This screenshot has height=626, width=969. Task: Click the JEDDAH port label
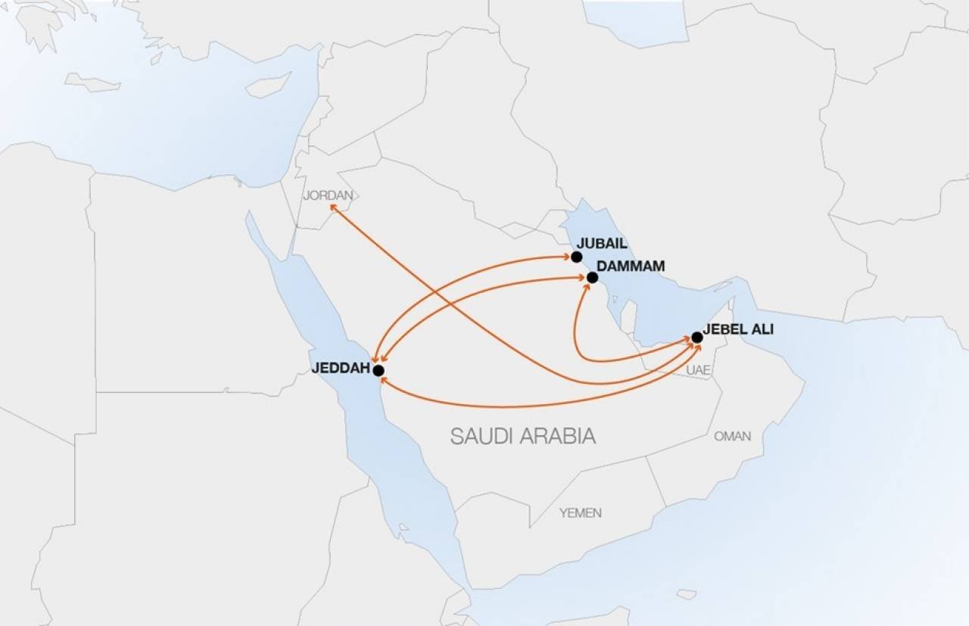(x=340, y=369)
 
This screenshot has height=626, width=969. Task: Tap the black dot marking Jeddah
(x=379, y=370)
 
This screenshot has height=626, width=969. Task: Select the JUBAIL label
(x=603, y=244)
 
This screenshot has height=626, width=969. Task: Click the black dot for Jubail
(x=577, y=257)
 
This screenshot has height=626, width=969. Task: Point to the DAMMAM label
(x=631, y=266)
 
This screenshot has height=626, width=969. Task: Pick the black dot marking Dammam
(x=592, y=278)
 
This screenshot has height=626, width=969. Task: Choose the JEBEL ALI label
(x=738, y=330)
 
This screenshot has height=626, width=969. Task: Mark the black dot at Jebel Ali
(x=696, y=337)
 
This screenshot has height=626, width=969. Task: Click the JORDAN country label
(x=328, y=195)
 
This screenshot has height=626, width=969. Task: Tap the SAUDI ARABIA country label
(x=522, y=436)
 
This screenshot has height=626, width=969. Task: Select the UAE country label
(x=699, y=370)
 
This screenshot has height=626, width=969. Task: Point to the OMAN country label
(x=732, y=436)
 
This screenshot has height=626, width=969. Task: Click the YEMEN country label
(x=581, y=513)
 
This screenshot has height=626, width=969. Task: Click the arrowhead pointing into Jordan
(x=332, y=206)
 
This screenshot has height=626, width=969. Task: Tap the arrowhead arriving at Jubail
(x=568, y=257)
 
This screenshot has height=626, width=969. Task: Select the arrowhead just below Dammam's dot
(x=586, y=286)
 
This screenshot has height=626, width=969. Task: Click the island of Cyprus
(x=269, y=85)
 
